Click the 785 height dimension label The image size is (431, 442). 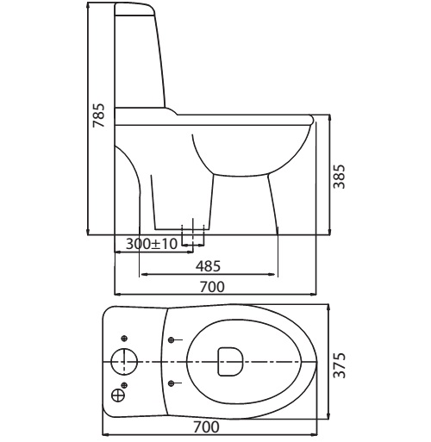[98, 115]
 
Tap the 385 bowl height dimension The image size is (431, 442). [339, 177]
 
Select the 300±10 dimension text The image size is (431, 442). [152, 244]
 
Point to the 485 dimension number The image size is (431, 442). [209, 266]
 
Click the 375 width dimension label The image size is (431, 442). [340, 365]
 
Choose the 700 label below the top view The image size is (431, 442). [207, 426]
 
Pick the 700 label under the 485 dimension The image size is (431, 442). [212, 287]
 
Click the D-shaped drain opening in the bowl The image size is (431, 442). [230, 362]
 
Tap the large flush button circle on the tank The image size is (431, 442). [124, 362]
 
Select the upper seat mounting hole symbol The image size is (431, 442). [172, 340]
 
